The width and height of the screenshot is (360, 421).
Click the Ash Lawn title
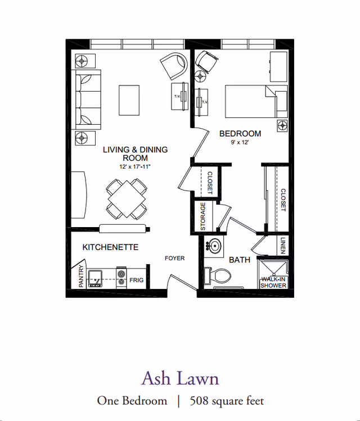(x=180, y=378)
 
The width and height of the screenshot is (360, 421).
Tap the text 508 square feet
(x=227, y=401)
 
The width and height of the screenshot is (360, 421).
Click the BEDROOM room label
(x=240, y=134)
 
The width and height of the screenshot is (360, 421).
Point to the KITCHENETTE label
(x=110, y=247)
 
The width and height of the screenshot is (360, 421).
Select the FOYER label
(x=174, y=259)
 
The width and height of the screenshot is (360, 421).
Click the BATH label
(x=240, y=260)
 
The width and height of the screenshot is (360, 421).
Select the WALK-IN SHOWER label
(x=273, y=282)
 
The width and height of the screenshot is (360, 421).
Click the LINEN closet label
(x=282, y=246)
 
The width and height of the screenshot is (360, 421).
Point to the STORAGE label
(x=203, y=216)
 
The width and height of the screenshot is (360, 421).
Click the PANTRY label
(x=82, y=276)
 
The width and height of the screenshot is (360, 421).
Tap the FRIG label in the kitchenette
(x=137, y=279)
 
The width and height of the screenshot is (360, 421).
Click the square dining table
(x=127, y=198)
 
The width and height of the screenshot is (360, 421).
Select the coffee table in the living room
(x=129, y=100)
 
